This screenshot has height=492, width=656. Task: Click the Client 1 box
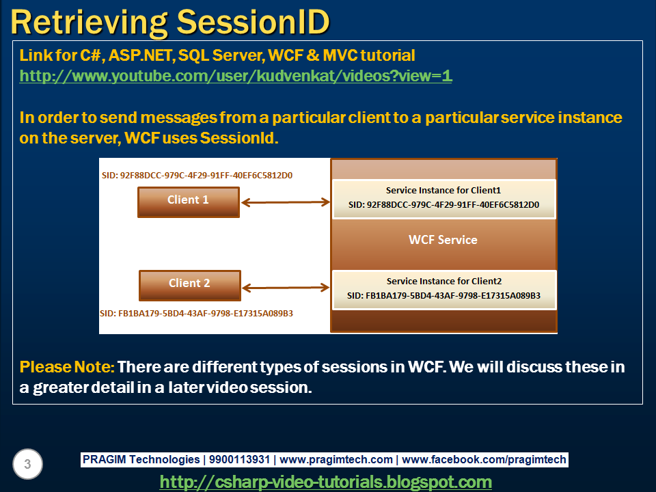click(x=189, y=202)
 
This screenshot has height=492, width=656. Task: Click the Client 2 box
click(x=190, y=286)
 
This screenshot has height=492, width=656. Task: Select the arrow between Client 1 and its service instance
click(x=286, y=202)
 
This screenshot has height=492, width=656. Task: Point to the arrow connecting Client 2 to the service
click(x=286, y=288)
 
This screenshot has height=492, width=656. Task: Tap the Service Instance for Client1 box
click(x=444, y=199)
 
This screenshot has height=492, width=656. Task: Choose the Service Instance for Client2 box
click(x=444, y=290)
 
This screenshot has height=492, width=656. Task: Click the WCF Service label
click(x=443, y=240)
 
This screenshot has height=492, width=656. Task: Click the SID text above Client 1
click(x=197, y=176)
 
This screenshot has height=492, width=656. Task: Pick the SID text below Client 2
click(x=196, y=314)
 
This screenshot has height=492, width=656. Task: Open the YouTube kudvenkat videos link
click(x=236, y=76)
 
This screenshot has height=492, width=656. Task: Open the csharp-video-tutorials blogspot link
click(x=325, y=482)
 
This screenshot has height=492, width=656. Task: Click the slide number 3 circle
click(x=27, y=464)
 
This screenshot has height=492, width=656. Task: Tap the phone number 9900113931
click(x=239, y=459)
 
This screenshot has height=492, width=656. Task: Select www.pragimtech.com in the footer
click(x=336, y=459)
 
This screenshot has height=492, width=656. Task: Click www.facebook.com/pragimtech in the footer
click(x=484, y=459)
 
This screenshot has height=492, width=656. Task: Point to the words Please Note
click(x=67, y=367)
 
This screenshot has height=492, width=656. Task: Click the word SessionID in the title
click(x=253, y=22)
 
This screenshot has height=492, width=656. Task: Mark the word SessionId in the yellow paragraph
click(x=239, y=137)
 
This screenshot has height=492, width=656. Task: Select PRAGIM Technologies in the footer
click(x=141, y=459)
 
